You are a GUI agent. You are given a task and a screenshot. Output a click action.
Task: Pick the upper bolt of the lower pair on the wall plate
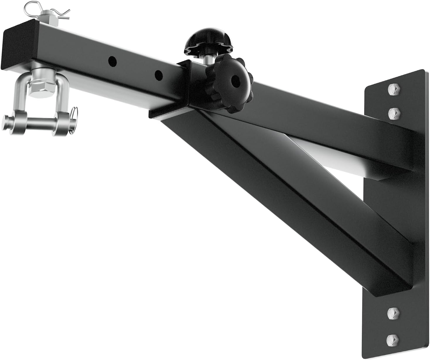click(x=393, y=313)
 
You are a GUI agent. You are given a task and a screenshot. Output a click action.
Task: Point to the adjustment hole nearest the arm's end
click(x=112, y=61)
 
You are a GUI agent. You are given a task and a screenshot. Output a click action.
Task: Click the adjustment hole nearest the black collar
click(x=158, y=75)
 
